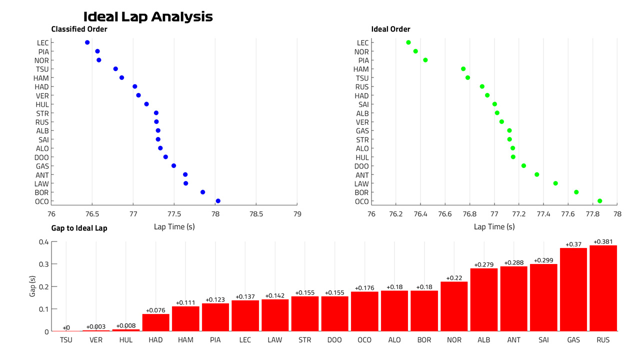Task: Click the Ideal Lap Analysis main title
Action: point(148,16)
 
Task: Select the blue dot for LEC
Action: point(87,42)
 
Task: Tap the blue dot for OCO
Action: point(218,201)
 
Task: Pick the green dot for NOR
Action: point(415,51)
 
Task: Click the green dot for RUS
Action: point(482,86)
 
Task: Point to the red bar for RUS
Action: point(603,288)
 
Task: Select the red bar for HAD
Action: point(155,322)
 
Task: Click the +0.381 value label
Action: point(603,241)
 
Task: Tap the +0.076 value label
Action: point(155,310)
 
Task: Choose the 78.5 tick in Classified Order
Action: point(256,214)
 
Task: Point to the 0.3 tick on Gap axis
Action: point(43,264)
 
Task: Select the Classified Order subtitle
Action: point(79,29)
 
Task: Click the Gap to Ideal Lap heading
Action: point(79,228)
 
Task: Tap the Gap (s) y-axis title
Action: point(32,286)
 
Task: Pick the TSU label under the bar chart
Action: point(66,340)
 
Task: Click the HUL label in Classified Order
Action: point(42,104)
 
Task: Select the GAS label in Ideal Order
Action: point(362,131)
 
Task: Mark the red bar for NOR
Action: point(454,306)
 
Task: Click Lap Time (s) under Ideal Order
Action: point(494,227)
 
